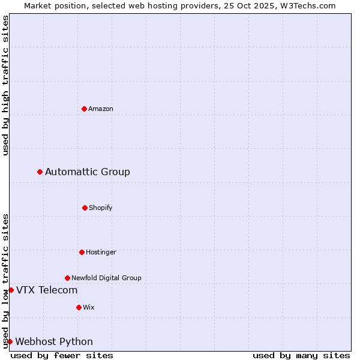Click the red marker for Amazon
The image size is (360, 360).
(85, 109)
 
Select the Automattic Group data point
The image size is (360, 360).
(40, 172)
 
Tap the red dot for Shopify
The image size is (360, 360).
(85, 208)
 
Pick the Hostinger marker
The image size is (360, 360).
(82, 252)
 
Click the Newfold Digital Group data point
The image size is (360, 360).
(67, 278)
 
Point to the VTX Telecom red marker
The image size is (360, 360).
(11, 290)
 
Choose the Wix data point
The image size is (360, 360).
(79, 307)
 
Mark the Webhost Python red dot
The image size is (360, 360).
(10, 342)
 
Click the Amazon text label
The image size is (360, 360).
(101, 109)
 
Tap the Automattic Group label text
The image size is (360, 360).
(88, 172)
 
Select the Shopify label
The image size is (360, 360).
(101, 208)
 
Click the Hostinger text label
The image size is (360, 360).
(101, 252)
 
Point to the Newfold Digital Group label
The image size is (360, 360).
(106, 278)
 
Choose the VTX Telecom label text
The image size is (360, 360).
(47, 290)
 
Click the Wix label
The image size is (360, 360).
(89, 307)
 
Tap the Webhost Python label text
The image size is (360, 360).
(54, 342)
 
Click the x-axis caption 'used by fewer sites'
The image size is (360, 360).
(62, 355)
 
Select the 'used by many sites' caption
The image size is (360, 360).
(301, 355)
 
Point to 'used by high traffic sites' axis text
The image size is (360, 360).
(5, 85)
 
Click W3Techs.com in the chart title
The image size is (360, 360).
(307, 5)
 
